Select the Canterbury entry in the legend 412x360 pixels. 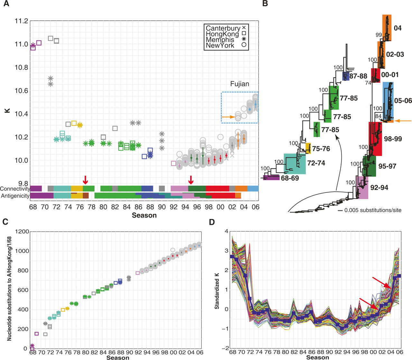pyautogui.click(x=223, y=28)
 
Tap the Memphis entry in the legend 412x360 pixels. pyautogui.click(x=220, y=40)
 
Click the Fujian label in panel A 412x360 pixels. pyautogui.click(x=239, y=84)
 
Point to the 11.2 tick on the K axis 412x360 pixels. pyautogui.click(x=21, y=21)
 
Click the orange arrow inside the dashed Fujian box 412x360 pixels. pyautogui.click(x=228, y=117)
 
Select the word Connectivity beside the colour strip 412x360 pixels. pyautogui.click(x=15, y=189)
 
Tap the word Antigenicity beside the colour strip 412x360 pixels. pyautogui.click(x=15, y=196)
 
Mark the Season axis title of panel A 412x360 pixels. pyautogui.click(x=144, y=215)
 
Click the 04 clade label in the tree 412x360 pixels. pyautogui.click(x=398, y=28)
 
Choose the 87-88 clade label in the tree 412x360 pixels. pyautogui.click(x=358, y=77)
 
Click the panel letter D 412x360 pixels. pyautogui.click(x=212, y=222)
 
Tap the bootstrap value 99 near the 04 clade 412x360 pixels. pyautogui.click(x=379, y=35)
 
